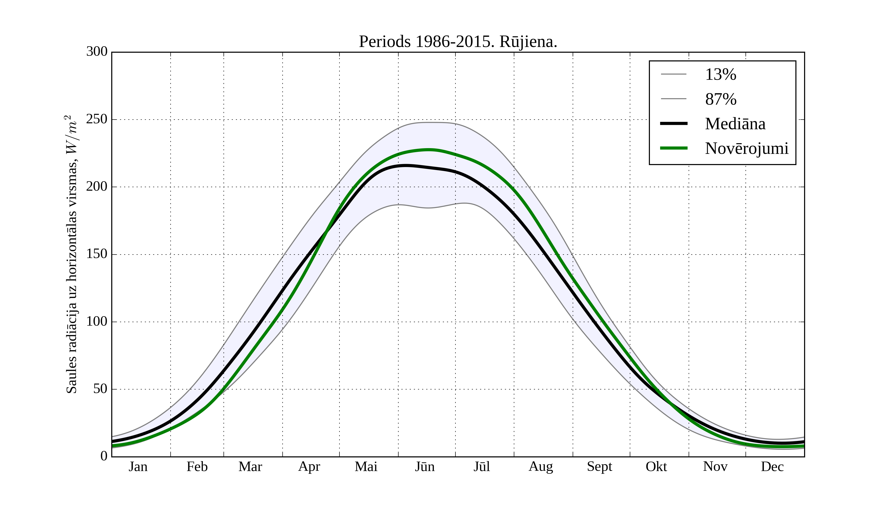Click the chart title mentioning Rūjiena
point(458,42)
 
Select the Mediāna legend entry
point(735,124)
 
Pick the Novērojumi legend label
point(746,148)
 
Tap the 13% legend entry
point(720,75)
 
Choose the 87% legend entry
point(720,99)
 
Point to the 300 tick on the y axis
point(97,52)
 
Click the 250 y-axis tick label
point(97,119)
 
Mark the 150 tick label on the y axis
point(97,254)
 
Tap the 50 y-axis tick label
point(100,389)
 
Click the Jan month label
point(138,467)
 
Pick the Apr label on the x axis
point(309,467)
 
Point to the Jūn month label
point(425,467)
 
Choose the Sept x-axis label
point(599,467)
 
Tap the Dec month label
point(772,467)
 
